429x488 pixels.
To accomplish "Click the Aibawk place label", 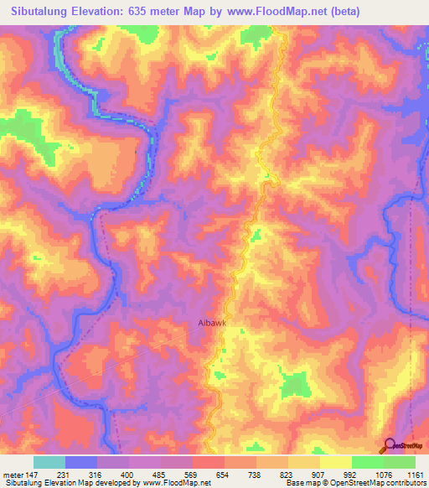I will (207, 321).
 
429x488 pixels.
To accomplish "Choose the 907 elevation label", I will (318, 474).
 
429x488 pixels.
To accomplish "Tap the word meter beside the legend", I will (14, 474).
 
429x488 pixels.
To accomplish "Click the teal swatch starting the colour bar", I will (49, 462).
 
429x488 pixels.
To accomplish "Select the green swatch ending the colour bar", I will (400, 462).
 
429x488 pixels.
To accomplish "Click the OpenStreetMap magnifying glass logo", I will (389, 444).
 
